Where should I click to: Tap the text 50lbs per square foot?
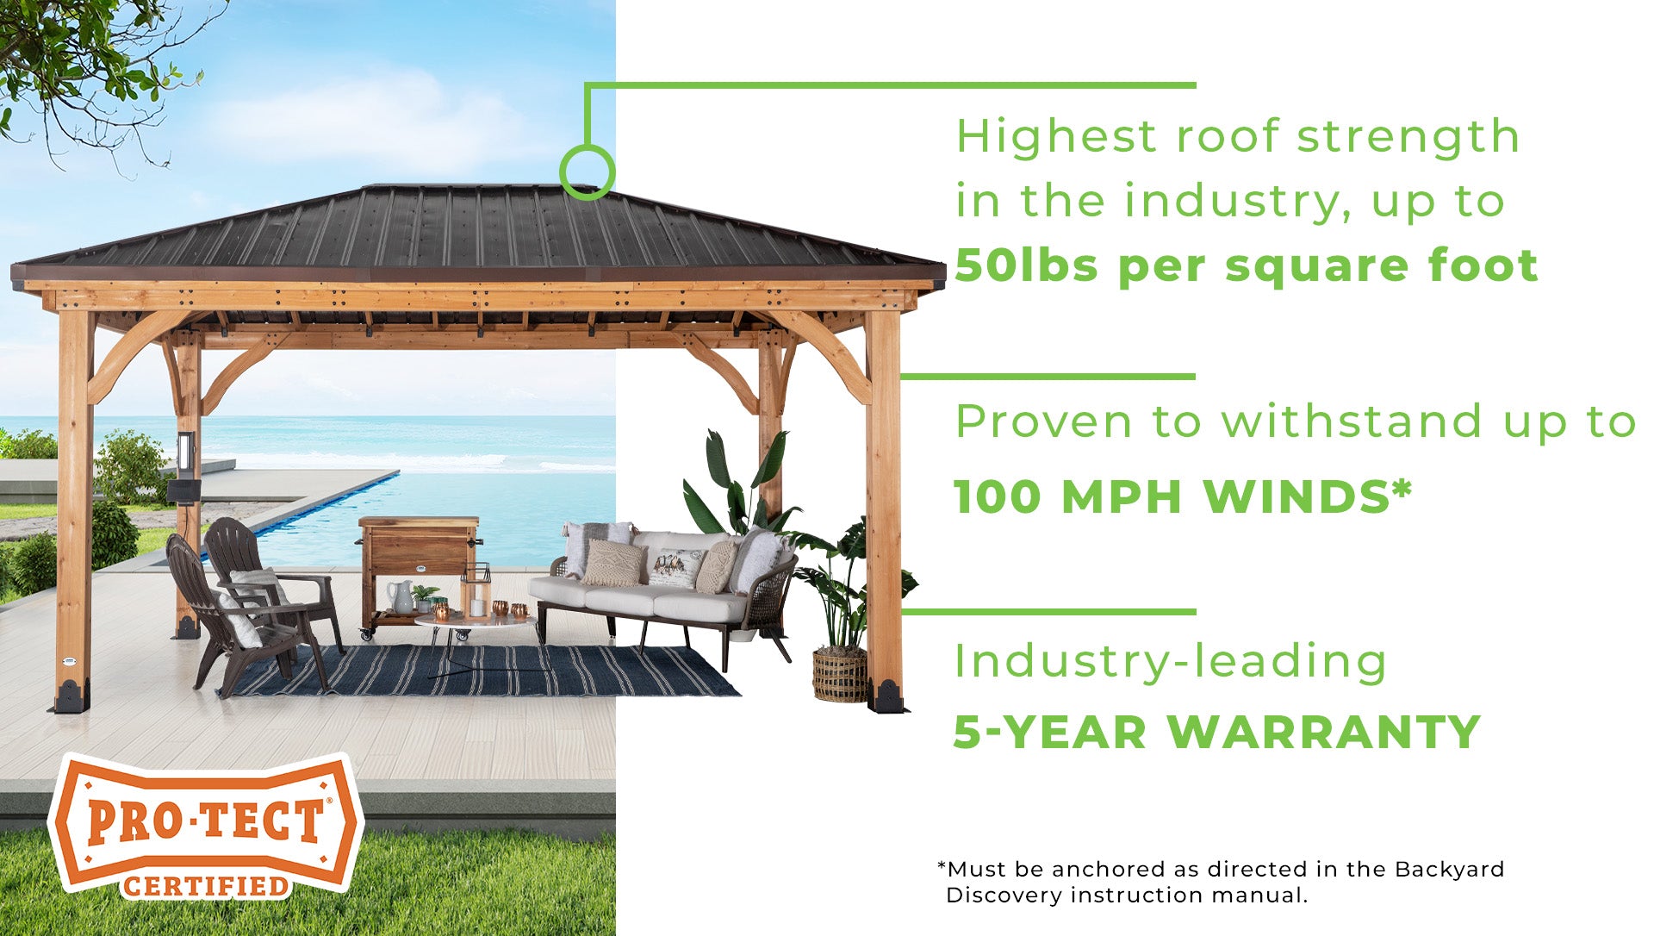(x=1246, y=266)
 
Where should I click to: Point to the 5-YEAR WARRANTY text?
(x=1216, y=732)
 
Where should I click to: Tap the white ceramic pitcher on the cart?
(x=401, y=596)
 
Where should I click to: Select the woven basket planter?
(x=840, y=675)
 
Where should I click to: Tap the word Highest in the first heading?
(x=1056, y=138)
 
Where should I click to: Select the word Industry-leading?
(x=1171, y=663)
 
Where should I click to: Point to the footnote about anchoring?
(x=1221, y=882)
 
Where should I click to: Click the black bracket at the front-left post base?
(x=72, y=696)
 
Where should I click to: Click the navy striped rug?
(x=482, y=671)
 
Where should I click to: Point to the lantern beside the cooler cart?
(x=476, y=590)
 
